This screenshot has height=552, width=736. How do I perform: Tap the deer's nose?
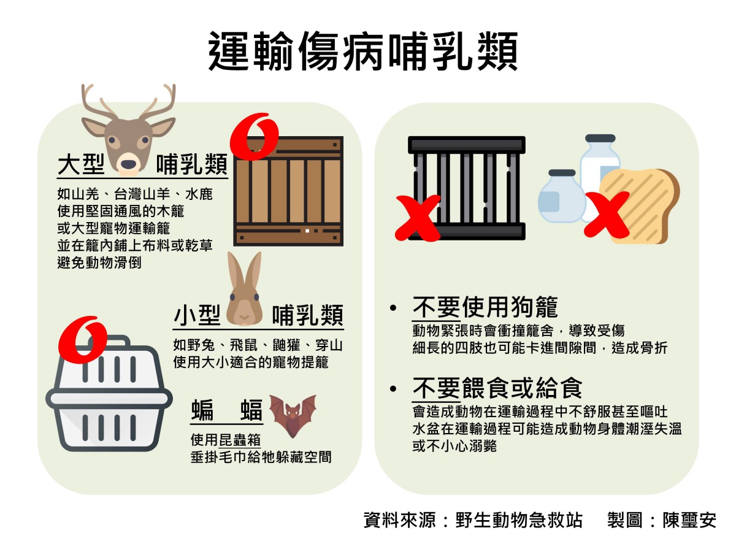coord(128,164)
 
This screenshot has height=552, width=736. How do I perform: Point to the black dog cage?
coord(467,187)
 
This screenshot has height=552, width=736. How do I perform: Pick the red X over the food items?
coord(606,213)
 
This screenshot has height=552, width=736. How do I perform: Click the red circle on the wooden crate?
coord(254,136)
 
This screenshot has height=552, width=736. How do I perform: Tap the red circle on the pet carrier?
coord(82,337)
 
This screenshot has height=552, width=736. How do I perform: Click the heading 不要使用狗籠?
coord(485,307)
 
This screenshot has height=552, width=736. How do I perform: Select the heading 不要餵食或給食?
coord(497,387)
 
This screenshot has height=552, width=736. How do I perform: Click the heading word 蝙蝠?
coord(226,410)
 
